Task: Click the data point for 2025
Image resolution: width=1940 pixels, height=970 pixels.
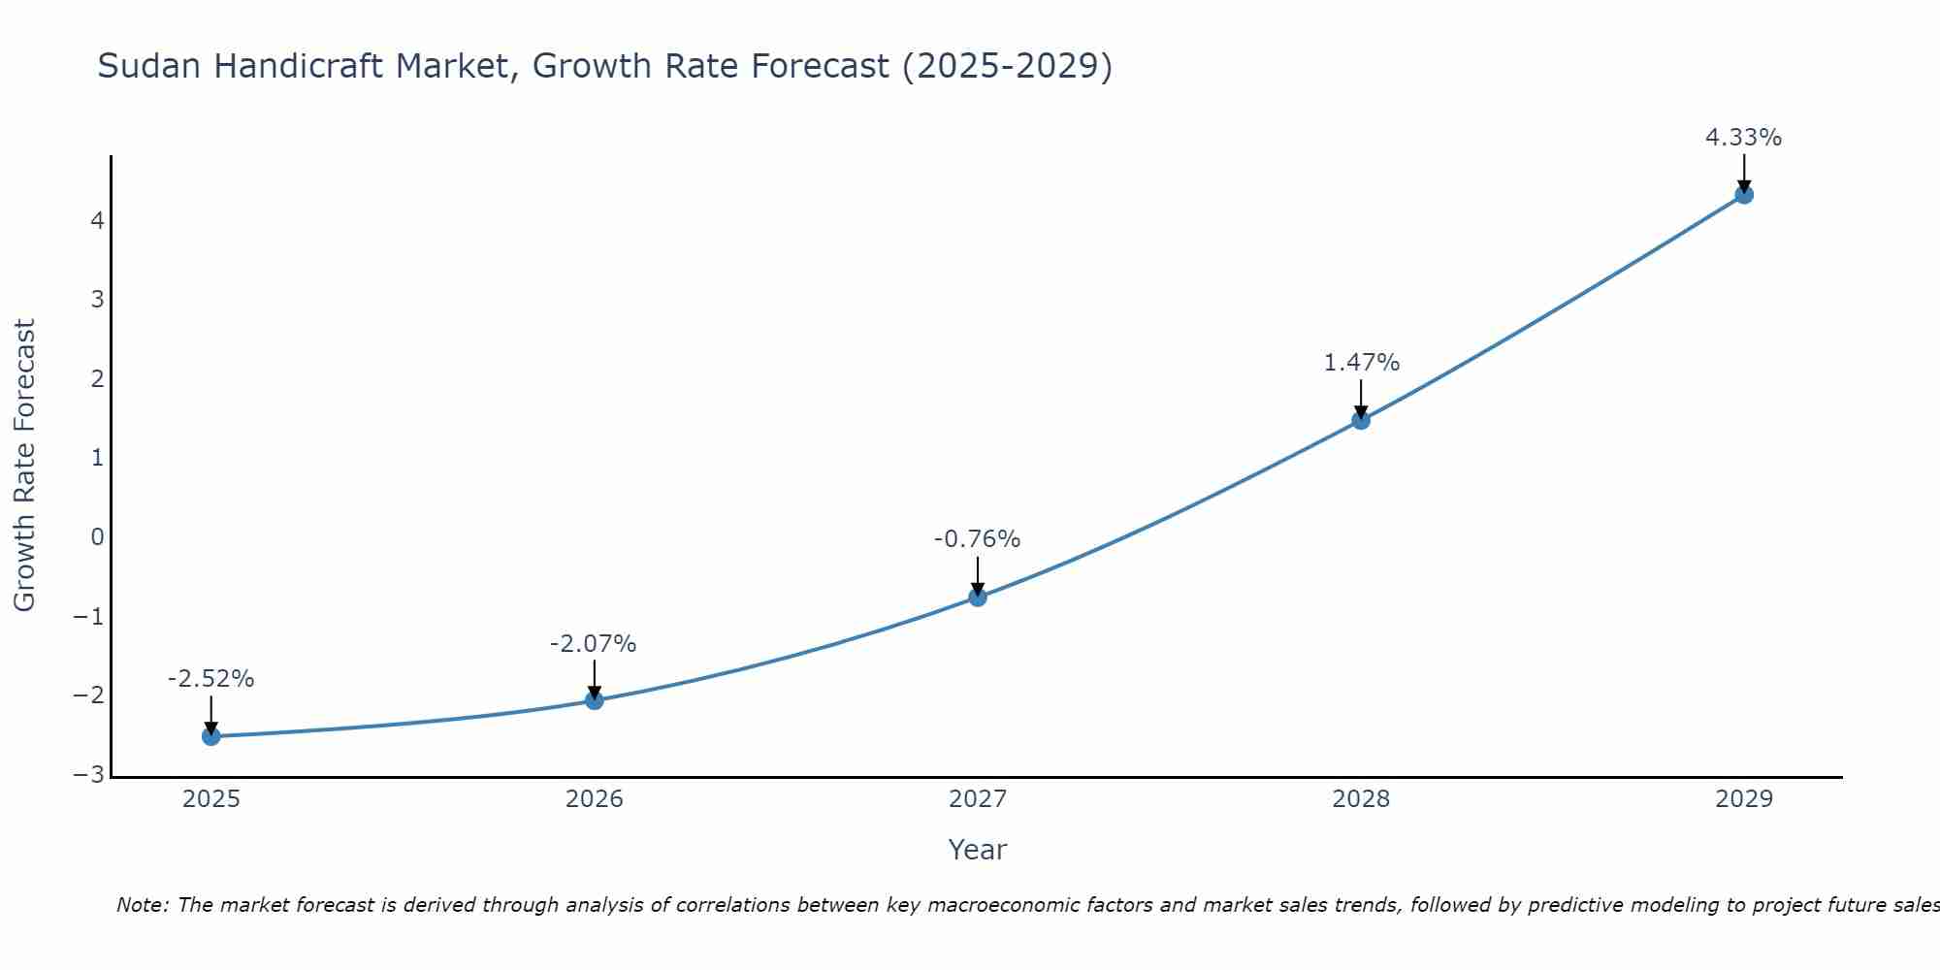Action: (x=211, y=736)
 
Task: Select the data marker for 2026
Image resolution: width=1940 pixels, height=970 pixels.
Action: (x=595, y=700)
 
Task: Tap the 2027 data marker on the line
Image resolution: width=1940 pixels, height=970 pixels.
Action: (x=978, y=597)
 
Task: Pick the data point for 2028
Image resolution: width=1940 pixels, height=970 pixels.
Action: (x=1361, y=420)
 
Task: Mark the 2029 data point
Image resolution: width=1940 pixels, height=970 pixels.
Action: (x=1744, y=194)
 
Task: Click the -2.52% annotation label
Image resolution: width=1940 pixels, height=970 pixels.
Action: (x=210, y=679)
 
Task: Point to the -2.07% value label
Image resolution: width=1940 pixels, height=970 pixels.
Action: (x=593, y=644)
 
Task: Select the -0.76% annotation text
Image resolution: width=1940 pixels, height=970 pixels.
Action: (x=977, y=539)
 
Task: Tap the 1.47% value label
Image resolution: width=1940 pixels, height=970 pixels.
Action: (x=1362, y=363)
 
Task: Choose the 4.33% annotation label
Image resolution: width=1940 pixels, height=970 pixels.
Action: (x=1743, y=138)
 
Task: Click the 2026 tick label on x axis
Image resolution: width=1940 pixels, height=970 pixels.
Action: (x=595, y=799)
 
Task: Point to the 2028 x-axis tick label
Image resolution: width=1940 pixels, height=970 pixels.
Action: (x=1361, y=799)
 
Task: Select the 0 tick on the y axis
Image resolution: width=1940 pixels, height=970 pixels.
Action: (x=97, y=536)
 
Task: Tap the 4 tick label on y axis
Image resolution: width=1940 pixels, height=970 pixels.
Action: (x=97, y=220)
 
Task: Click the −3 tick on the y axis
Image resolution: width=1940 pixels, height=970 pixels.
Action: (x=89, y=775)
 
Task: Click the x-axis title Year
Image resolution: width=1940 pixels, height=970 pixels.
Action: (x=977, y=850)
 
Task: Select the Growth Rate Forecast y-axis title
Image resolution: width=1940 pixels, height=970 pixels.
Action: (x=24, y=466)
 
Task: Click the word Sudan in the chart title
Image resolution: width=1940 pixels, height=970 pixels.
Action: (x=150, y=66)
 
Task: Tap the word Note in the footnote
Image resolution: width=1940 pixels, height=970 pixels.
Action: (x=143, y=905)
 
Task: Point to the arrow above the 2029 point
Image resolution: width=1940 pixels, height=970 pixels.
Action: (x=1744, y=173)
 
